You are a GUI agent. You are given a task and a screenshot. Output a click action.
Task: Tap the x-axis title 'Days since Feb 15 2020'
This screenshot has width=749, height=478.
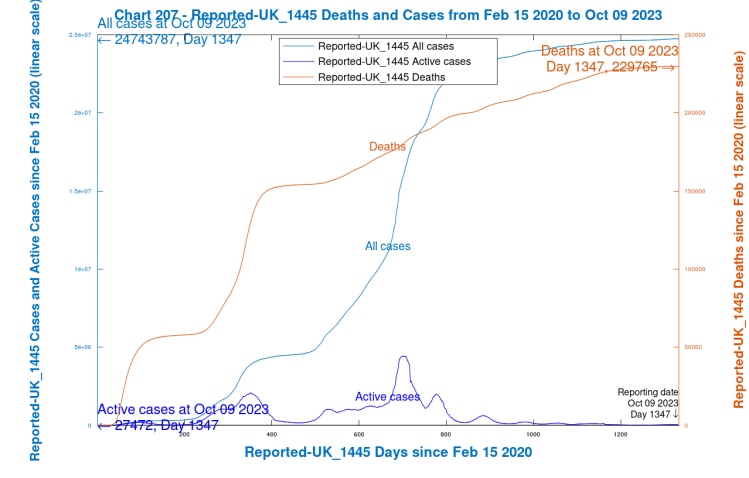[389, 452]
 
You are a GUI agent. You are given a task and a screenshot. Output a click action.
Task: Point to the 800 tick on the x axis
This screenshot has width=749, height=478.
[446, 433]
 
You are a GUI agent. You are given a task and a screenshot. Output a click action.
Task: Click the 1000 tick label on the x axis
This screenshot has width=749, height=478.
[533, 433]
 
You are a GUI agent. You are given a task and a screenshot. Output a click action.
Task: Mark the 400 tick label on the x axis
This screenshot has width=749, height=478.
[272, 433]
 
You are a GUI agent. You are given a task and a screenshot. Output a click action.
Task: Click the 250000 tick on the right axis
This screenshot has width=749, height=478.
[693, 35]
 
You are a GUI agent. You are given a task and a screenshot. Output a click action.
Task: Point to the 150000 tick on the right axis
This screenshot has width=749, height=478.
[693, 191]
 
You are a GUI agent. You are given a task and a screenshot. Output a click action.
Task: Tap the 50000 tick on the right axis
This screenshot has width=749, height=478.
[691, 347]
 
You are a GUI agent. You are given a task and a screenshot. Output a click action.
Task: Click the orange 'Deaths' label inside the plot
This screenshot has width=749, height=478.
[387, 147]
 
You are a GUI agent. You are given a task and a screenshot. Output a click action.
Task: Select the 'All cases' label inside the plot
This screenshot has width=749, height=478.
[387, 245]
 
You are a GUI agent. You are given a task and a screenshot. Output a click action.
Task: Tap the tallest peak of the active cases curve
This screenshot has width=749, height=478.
[404, 356]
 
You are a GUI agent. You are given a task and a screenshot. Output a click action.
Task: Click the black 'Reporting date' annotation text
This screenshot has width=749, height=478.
[648, 392]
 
